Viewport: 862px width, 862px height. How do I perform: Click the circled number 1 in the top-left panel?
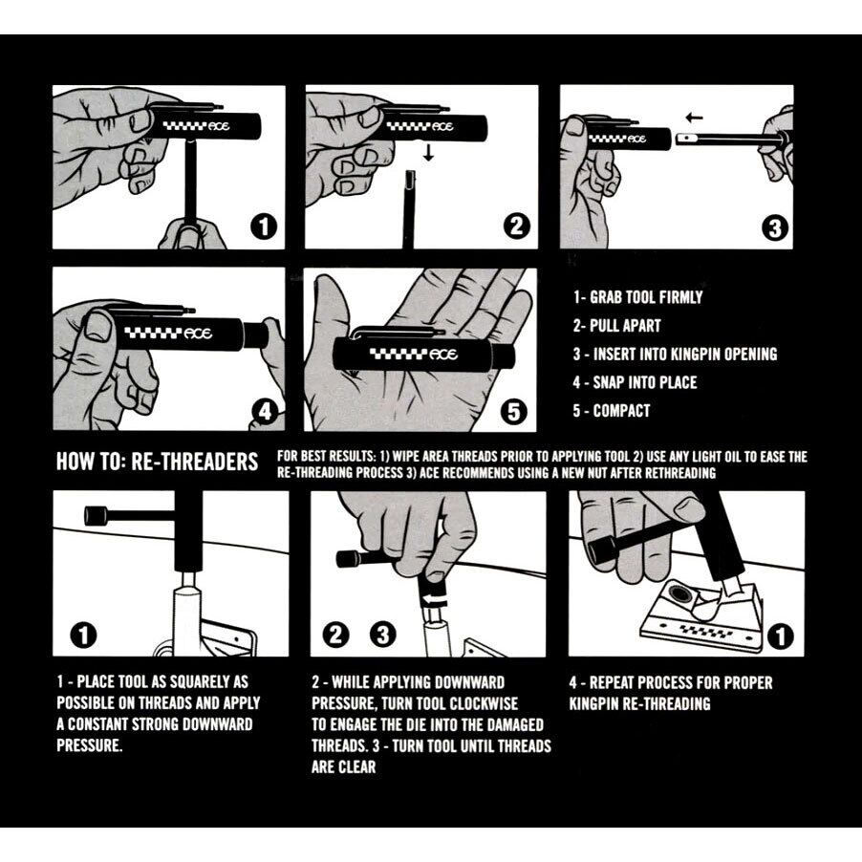point(264,226)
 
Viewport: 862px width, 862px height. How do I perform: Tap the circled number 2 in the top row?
point(517,226)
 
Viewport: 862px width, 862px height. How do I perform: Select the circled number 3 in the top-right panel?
point(775,228)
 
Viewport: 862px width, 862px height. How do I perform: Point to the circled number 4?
point(265,411)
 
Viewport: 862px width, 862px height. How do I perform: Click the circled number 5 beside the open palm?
point(513,411)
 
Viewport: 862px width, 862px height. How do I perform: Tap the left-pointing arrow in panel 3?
point(695,118)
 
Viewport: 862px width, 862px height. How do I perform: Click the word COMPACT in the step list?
point(621,411)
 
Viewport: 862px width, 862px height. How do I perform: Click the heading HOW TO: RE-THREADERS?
point(158,462)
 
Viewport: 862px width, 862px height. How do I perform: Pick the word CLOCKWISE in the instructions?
point(484,703)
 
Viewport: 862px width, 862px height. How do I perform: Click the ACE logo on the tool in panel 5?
point(444,355)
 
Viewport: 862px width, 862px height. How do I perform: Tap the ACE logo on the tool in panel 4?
point(198,334)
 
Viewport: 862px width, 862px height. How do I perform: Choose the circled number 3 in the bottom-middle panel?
point(382,636)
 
